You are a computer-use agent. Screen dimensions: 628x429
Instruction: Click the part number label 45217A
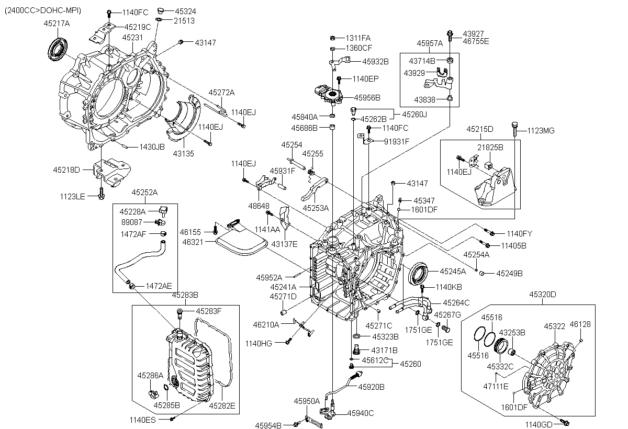pos(57,23)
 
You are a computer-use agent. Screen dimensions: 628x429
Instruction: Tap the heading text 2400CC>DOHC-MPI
pos(43,10)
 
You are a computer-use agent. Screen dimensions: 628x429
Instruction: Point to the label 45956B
pos(367,97)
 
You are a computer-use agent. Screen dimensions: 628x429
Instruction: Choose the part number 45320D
pos(543,294)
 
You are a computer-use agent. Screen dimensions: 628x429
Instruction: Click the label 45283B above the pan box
pos(185,295)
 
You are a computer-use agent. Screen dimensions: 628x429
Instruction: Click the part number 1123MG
pos(541,131)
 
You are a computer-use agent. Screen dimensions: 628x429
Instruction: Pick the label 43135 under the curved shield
pos(183,153)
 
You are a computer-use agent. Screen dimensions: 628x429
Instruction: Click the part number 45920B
pos(371,387)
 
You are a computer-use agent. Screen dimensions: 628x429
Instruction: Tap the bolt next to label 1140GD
pos(564,422)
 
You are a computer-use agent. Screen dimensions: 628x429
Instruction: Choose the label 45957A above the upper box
pos(430,43)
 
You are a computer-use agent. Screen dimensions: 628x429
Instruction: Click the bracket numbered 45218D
pos(112,173)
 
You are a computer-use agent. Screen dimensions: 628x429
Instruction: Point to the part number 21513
pos(184,21)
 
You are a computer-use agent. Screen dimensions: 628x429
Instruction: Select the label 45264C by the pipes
pos(456,302)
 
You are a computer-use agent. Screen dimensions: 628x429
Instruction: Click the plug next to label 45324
pos(160,11)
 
